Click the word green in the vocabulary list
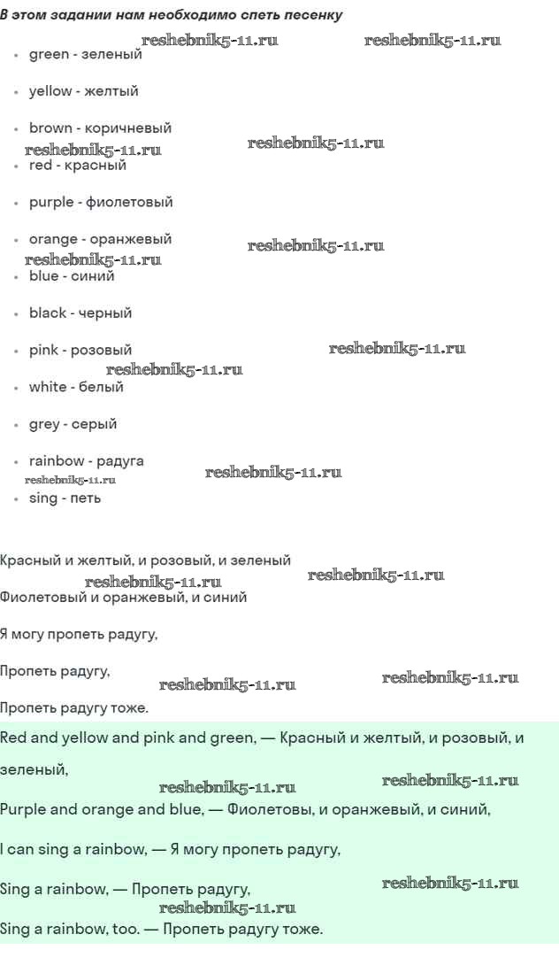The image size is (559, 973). [x=49, y=55]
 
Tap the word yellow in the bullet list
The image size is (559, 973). [x=50, y=91]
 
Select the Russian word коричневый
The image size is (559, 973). [x=127, y=128]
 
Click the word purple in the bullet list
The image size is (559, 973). [x=51, y=202]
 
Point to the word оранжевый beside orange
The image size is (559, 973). [x=130, y=240]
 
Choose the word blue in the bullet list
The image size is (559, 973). [x=43, y=276]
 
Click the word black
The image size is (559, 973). [x=48, y=313]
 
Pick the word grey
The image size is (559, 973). [x=44, y=424]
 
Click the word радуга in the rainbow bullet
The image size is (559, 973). [x=119, y=461]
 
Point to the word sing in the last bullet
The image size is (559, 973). [x=42, y=498]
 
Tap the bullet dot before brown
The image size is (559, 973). [x=17, y=129]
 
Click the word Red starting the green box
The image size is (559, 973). [x=13, y=737]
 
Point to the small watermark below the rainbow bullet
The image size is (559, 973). [x=70, y=480]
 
